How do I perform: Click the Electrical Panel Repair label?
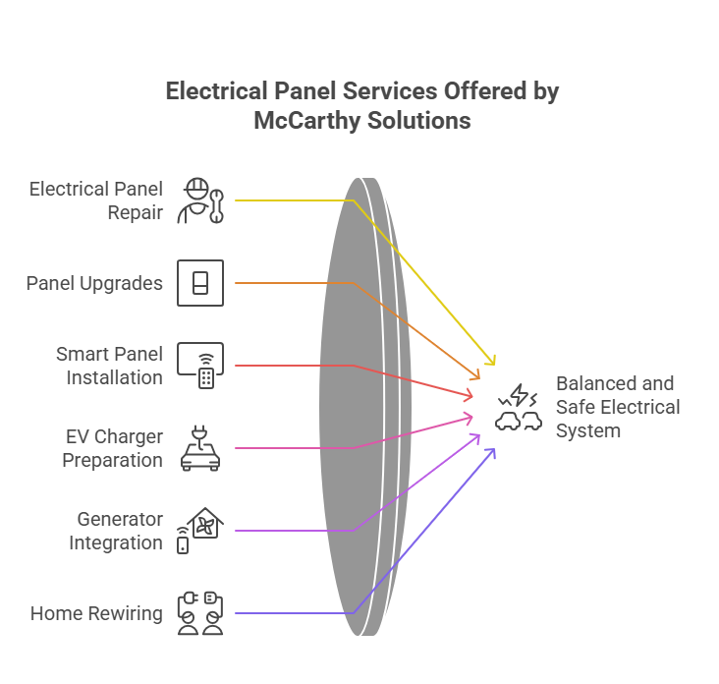point(96,199)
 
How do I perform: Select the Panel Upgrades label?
point(94,283)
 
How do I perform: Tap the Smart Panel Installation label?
point(109,365)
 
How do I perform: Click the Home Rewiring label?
point(96,613)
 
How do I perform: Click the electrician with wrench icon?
point(200,200)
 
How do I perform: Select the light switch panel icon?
point(200,283)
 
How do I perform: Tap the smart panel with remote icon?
point(200,366)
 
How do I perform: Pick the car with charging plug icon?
point(200,448)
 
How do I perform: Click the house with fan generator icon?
point(200,531)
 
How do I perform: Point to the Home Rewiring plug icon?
point(200,613)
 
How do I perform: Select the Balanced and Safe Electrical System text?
point(618,407)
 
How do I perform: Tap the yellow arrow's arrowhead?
point(492,361)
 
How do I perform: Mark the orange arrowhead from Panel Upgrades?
point(476,376)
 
